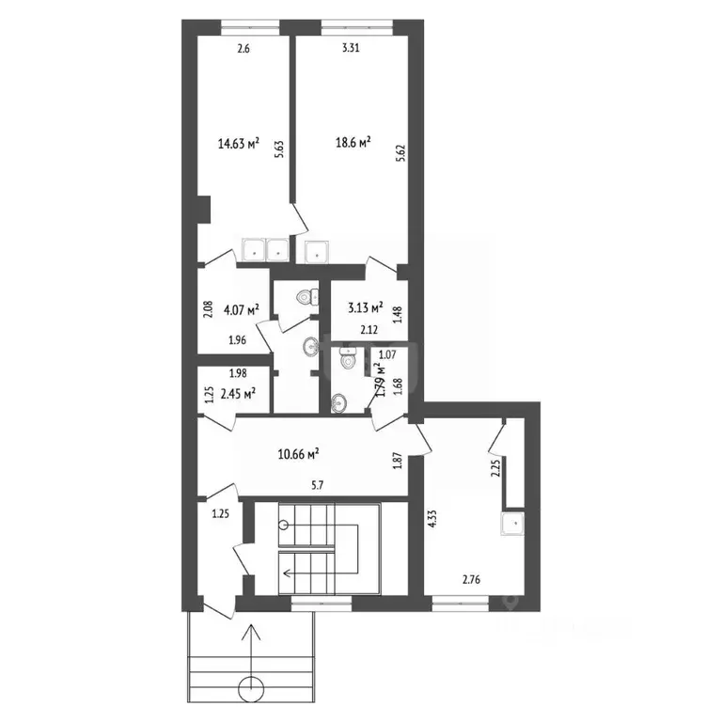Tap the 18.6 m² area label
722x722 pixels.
(x=353, y=142)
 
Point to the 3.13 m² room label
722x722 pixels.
(x=364, y=307)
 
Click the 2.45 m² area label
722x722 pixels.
(x=238, y=394)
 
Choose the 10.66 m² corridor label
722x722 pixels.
(x=299, y=453)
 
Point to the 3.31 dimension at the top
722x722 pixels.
(x=350, y=47)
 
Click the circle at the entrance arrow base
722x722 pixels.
(x=251, y=689)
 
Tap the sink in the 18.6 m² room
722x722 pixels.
(x=317, y=251)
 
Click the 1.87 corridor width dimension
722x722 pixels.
(x=397, y=462)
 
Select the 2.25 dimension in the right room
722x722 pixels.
(x=495, y=468)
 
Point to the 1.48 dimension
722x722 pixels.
(x=397, y=313)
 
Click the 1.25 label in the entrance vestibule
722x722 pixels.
(x=220, y=514)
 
